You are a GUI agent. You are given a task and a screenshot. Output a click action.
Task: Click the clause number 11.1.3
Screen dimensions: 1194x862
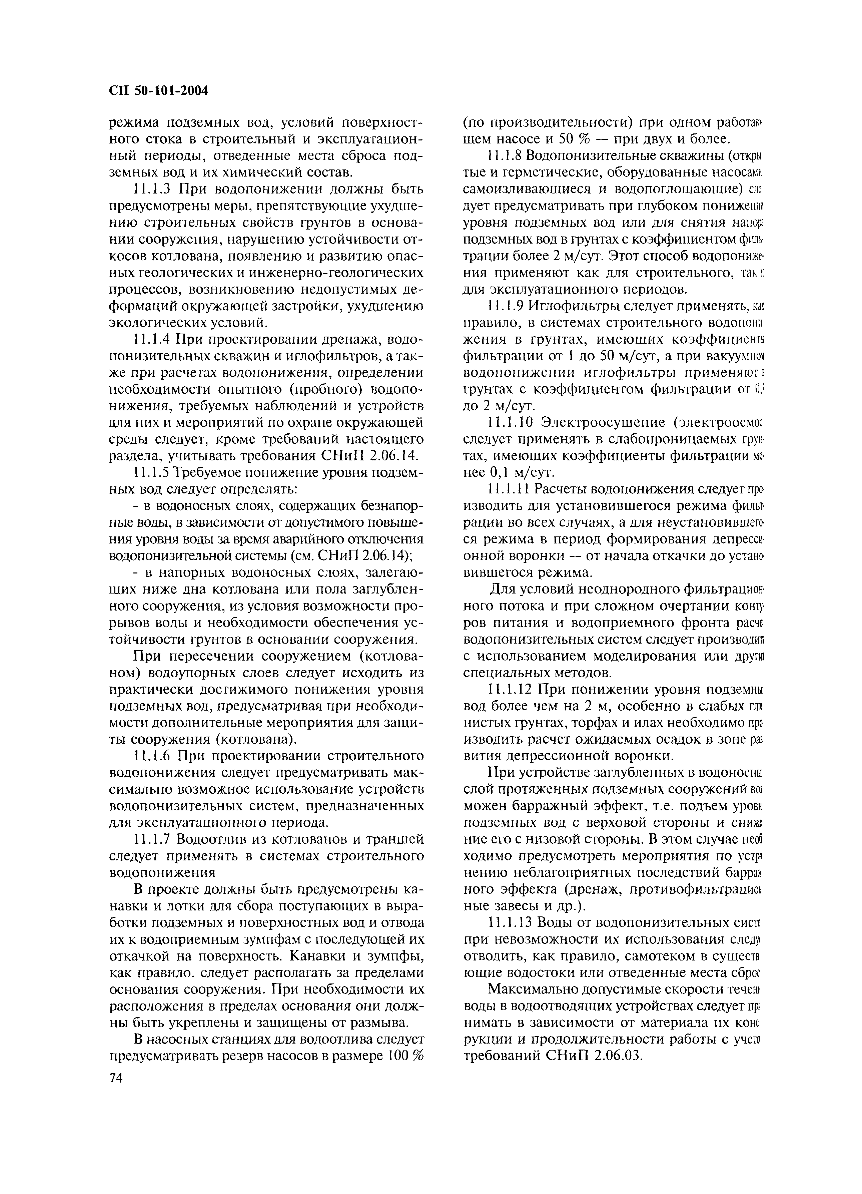click(153, 188)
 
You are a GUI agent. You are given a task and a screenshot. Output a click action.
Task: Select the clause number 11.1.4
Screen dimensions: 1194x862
click(153, 339)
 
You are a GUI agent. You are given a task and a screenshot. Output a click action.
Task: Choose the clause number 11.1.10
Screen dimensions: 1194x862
click(510, 422)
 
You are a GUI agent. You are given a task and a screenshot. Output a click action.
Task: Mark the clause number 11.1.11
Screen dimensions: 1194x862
click(508, 489)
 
